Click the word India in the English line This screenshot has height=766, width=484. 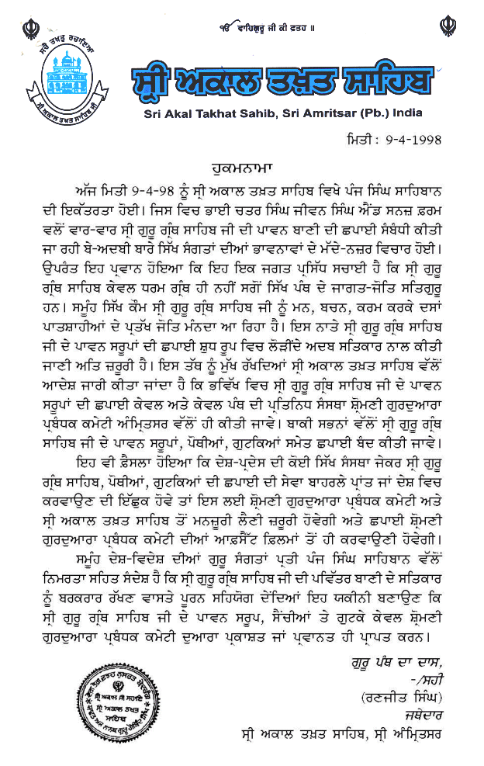click(x=406, y=113)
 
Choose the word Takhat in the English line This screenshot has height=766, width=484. click(x=210, y=113)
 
